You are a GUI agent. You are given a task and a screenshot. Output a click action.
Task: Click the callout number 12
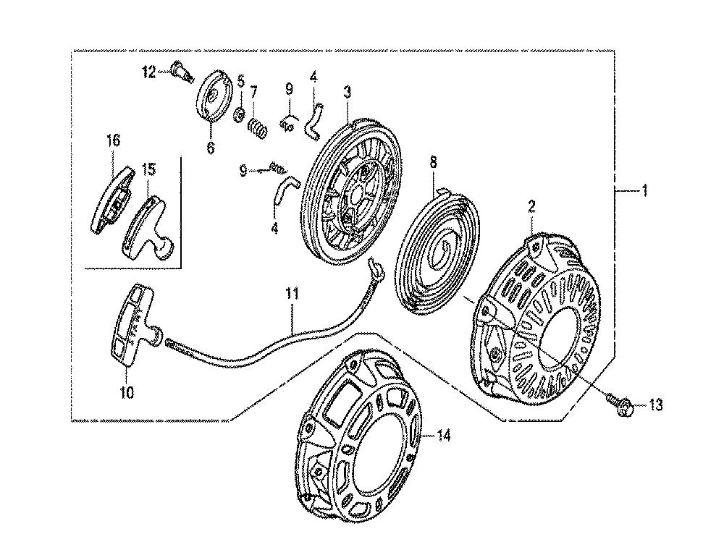(x=149, y=72)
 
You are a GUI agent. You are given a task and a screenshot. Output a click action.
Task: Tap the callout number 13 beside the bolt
(x=655, y=405)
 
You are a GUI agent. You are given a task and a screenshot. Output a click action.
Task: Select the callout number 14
(x=443, y=436)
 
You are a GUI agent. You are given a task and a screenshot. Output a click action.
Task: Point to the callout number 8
(x=433, y=162)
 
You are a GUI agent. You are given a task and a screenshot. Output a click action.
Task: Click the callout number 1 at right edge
(x=645, y=190)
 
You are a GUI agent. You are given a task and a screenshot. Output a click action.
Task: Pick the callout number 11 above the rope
(x=292, y=294)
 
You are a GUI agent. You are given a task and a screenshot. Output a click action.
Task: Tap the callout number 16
(x=113, y=140)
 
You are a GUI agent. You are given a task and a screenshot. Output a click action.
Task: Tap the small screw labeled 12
(x=182, y=73)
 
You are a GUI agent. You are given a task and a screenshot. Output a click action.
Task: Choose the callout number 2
(x=531, y=207)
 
